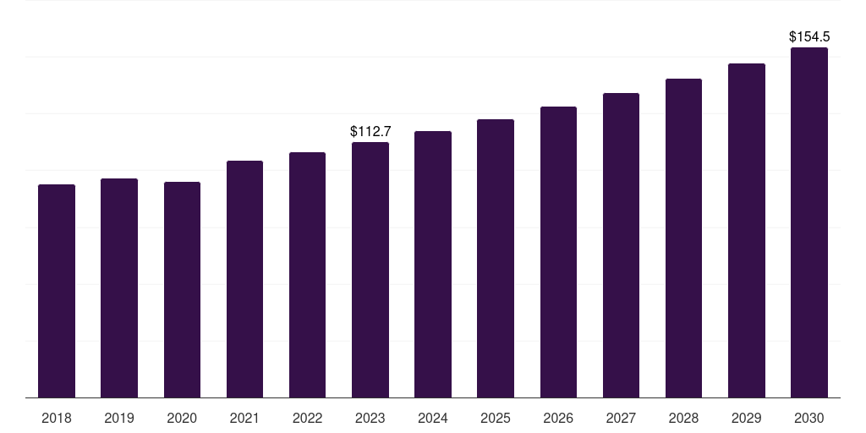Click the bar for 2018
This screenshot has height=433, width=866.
coord(57,291)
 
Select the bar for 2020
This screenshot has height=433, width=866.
coord(182,289)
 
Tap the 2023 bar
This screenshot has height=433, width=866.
coord(370,270)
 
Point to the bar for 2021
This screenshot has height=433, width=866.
coord(244,279)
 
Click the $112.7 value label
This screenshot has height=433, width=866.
coord(370,131)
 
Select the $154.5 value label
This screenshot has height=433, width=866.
coord(809,36)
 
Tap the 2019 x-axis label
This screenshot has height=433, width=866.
coord(119,418)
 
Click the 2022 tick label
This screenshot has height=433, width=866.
coord(308,418)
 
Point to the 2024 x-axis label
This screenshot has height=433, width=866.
coord(433,418)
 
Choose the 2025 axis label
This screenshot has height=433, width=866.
coord(496,418)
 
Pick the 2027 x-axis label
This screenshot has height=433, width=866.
coord(621,418)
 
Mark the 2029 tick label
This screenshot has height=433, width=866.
coord(747,418)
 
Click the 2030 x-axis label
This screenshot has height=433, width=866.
coord(809,418)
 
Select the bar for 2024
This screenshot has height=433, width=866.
coord(433,264)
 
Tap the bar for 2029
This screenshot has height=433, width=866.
coord(747,230)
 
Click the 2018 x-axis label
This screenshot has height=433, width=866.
coord(57,418)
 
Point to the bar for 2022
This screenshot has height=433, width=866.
coord(308,275)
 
